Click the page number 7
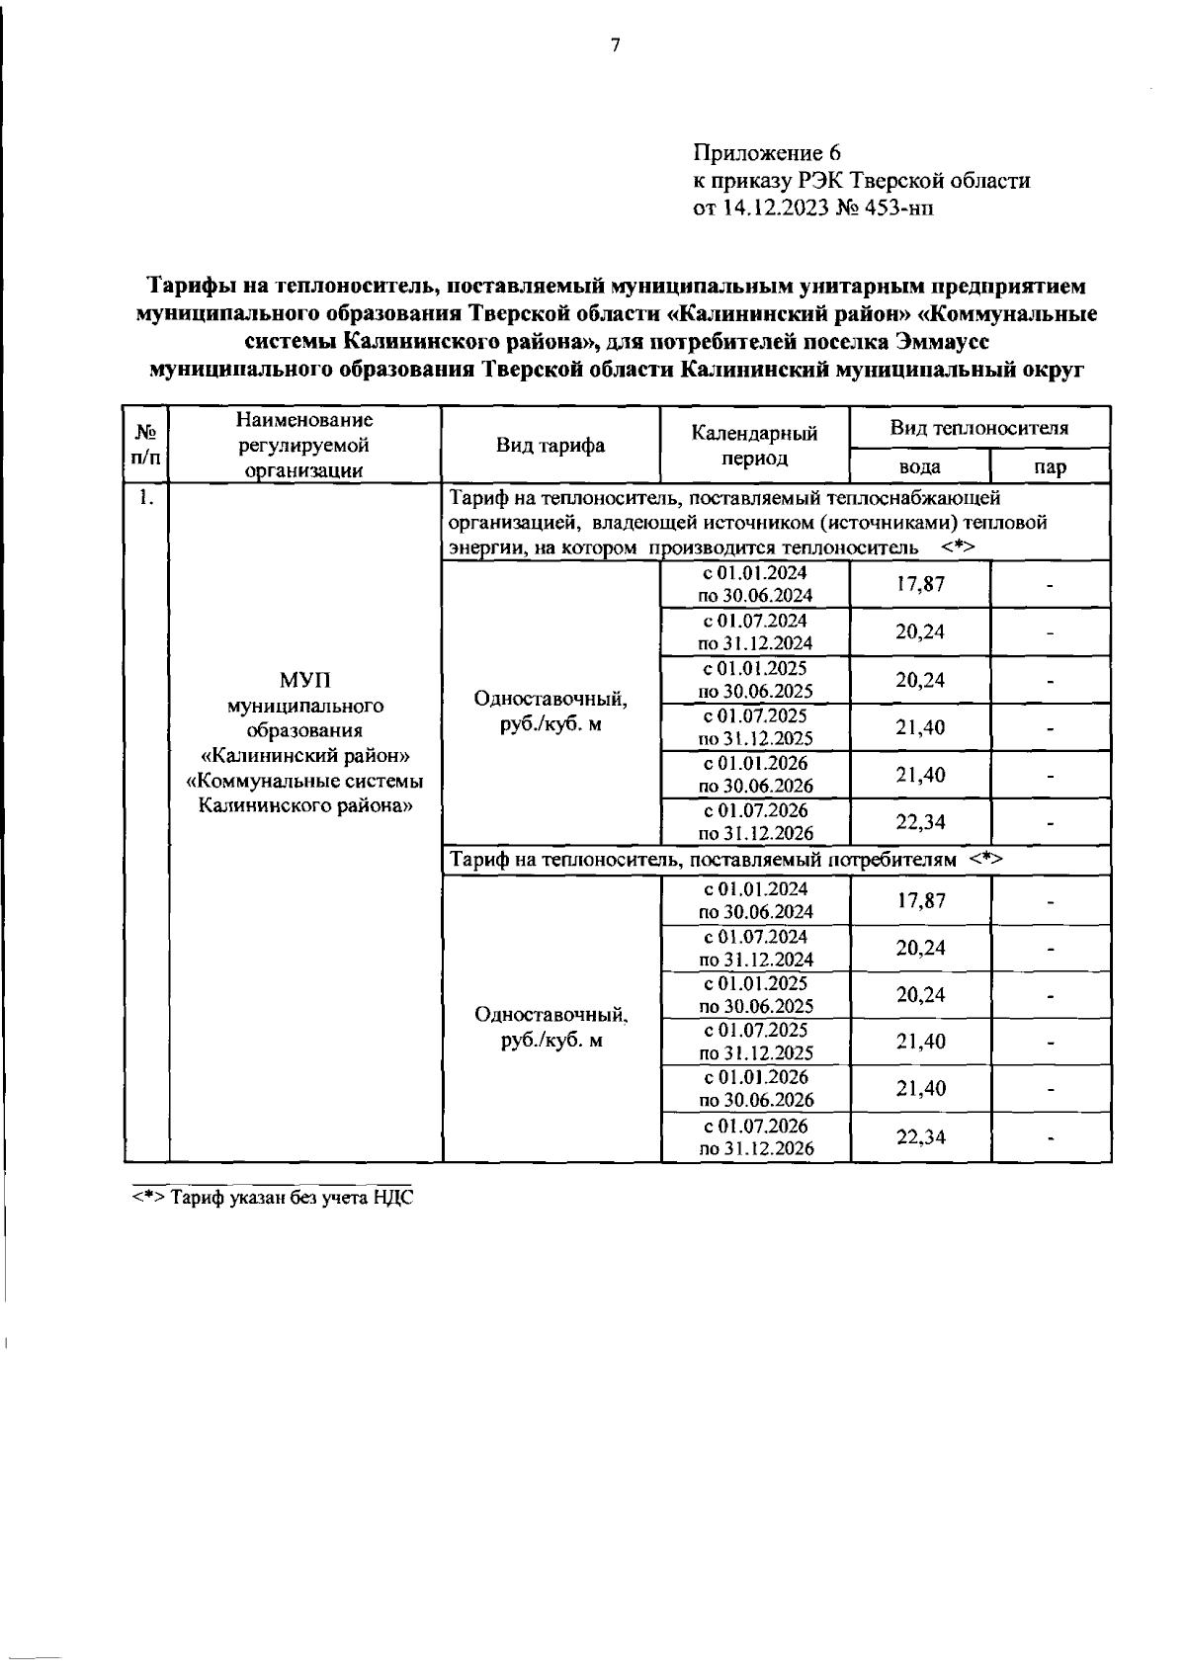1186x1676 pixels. coord(615,45)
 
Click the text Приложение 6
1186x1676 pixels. coord(766,153)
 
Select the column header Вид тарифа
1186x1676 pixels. coord(551,446)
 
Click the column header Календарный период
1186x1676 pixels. coord(754,446)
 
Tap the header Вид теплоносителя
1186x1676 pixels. coord(978,428)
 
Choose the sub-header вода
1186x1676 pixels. coord(919,466)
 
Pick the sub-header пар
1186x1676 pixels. coord(1050,466)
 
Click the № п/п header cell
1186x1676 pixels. coord(146,445)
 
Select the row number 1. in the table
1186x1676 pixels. coord(146,498)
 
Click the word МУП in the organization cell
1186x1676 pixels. coord(304,681)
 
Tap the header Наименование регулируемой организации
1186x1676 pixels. coord(304,446)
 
